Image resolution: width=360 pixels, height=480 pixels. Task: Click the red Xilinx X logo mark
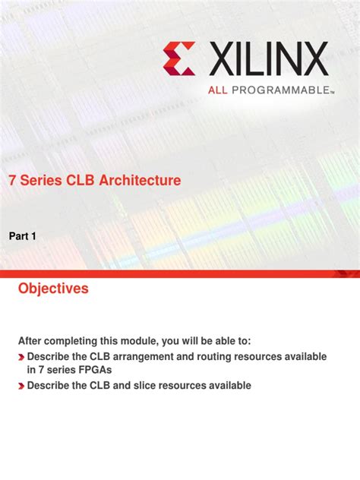coord(178,58)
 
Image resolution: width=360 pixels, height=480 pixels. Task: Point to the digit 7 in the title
coord(12,181)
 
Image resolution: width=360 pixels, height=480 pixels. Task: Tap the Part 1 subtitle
coord(23,237)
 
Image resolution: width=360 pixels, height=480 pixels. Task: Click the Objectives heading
coord(53,289)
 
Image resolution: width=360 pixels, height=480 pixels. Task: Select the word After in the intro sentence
coord(33,341)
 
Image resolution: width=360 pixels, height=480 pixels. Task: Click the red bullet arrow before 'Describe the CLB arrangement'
coord(21,357)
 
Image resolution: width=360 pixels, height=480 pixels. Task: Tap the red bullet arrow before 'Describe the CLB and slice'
coord(21,386)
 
